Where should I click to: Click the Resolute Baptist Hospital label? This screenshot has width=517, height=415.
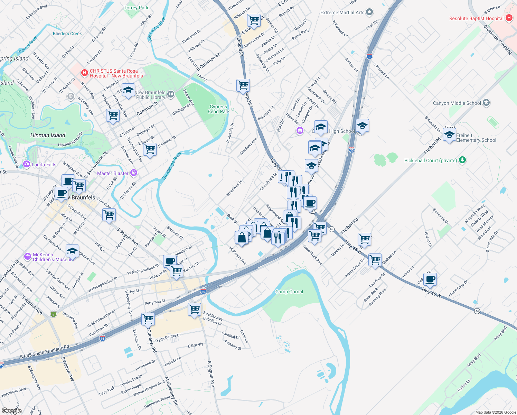476,18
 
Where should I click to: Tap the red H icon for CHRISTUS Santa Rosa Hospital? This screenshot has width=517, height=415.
84,73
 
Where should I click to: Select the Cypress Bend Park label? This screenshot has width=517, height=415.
218,109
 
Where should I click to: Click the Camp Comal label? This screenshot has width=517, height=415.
289,292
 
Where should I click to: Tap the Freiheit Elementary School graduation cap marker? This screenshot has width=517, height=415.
449,135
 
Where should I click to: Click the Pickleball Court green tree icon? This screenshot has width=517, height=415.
462,160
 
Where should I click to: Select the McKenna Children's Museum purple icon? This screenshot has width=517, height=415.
28,257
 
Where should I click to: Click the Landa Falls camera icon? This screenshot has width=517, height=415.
27,164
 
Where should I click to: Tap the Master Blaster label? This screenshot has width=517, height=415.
113,173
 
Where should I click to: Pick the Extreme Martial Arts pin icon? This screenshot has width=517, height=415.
369,12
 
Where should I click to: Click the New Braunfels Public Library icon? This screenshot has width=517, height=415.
171,94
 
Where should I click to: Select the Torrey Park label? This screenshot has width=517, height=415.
136,8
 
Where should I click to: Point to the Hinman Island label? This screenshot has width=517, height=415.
48,135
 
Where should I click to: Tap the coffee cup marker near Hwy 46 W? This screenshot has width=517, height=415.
430,279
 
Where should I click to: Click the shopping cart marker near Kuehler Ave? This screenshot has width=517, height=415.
195,309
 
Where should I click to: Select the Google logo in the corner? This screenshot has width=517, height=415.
11,411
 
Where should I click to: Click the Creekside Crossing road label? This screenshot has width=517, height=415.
498,39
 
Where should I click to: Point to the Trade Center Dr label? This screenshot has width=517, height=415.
168,338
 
